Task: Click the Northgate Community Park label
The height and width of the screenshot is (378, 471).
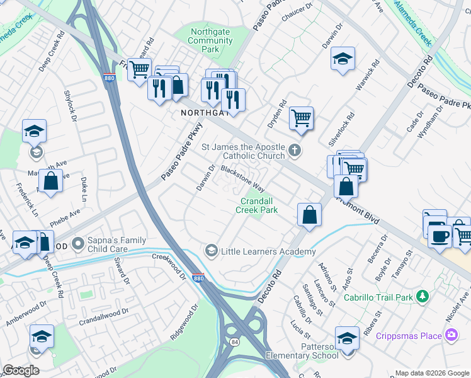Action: point(211,40)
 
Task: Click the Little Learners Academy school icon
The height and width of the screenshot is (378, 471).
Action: point(212,251)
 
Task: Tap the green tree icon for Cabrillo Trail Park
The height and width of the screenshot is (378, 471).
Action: point(423,296)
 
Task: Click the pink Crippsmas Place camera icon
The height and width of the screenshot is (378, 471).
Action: point(451,335)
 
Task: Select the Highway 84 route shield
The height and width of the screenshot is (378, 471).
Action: point(234,342)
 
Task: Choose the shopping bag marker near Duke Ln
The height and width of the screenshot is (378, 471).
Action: point(51,181)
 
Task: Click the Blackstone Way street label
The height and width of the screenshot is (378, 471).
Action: point(242,179)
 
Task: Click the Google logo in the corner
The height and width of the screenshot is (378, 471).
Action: point(21,370)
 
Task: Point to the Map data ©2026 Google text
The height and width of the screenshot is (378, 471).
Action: point(431,373)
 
